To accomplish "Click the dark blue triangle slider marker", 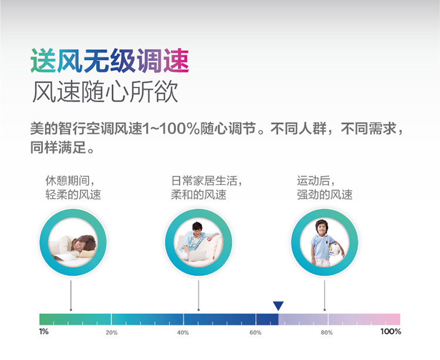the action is click(278, 305).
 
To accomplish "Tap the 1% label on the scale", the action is click(44, 332).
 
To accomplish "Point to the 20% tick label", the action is click(111, 333).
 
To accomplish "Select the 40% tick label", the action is click(183, 333).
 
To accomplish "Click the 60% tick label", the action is click(255, 333).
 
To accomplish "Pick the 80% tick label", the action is click(327, 333).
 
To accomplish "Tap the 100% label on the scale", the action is click(391, 332).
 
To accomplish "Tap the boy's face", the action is click(322, 230).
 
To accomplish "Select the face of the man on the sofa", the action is click(197, 230).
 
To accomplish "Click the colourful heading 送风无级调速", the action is click(110, 61).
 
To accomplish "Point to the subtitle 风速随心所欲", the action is click(105, 92).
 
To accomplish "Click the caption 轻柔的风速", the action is click(73, 194).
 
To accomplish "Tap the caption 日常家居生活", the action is click(204, 180).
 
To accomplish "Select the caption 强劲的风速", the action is click(324, 194).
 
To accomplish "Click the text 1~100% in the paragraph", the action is click(171, 129).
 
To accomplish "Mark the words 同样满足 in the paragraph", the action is click(58, 147).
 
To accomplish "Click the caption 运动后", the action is click(313, 180).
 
